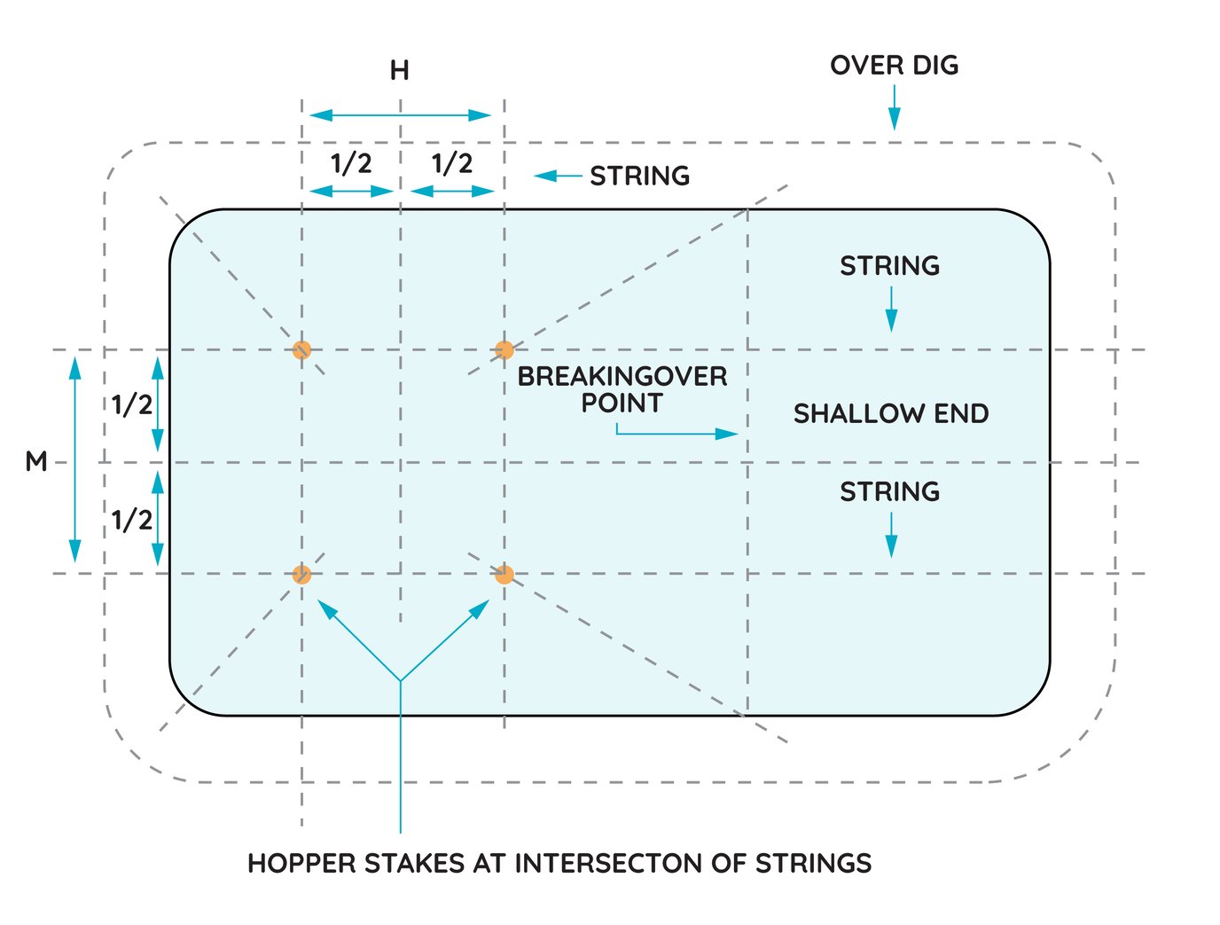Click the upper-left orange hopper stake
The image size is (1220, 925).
pos(301,349)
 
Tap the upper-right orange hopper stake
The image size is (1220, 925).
pos(504,349)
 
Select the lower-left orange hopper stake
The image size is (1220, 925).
pos(301,575)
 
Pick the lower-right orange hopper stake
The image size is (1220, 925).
pos(504,575)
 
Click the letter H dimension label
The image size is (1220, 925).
pos(400,71)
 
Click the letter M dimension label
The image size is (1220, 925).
pos(36,462)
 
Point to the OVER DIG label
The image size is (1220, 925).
pos(894,66)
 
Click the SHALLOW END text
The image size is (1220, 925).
pos(890,414)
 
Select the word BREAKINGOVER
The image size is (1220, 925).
pos(622,377)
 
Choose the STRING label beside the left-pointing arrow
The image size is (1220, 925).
pos(640,176)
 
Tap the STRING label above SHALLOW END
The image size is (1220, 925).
pos(889,266)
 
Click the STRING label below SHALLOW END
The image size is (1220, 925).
pos(889,492)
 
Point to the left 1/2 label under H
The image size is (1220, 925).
pos(351,163)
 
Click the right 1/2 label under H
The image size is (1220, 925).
pos(452,163)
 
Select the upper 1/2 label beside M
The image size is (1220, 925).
pos(132,405)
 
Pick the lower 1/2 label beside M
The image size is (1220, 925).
pos(132,520)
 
